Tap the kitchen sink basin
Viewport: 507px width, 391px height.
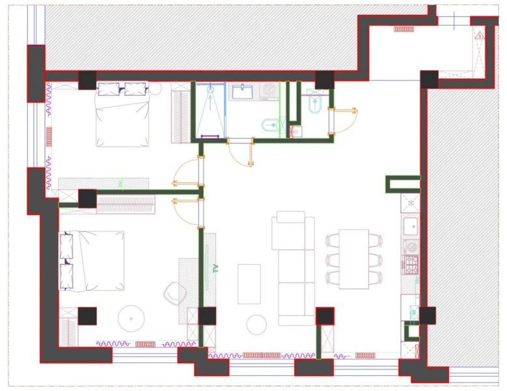(410, 227)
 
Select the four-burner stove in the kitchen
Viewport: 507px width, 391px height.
(411, 265)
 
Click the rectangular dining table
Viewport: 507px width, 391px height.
(354, 259)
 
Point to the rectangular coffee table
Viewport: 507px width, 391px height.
(249, 283)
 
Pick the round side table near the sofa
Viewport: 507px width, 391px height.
(256, 325)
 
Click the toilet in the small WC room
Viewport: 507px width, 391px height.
(316, 102)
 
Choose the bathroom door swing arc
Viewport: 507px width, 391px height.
(242, 153)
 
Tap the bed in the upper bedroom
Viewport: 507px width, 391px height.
(122, 115)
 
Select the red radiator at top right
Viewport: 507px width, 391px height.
(404, 29)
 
